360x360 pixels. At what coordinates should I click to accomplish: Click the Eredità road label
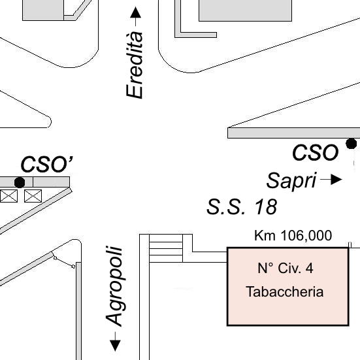[x=135, y=65]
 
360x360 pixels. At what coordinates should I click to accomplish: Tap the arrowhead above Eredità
[x=135, y=12]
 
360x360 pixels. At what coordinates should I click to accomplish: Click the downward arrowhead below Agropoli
[x=115, y=346]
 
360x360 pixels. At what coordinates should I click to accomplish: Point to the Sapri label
[x=291, y=181]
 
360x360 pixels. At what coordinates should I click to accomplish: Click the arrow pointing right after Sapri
[x=331, y=180]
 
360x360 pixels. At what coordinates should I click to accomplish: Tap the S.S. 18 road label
[x=242, y=207]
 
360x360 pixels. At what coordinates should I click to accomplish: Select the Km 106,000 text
[x=293, y=235]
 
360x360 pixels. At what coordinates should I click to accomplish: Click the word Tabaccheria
[x=285, y=291]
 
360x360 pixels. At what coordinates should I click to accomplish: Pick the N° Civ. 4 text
[x=286, y=268]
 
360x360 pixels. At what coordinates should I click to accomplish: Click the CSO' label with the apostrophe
[x=47, y=164]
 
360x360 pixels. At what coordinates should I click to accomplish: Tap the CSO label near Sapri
[x=315, y=153]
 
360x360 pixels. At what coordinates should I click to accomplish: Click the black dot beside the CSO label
[x=352, y=144]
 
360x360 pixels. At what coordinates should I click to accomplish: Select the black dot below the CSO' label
[x=20, y=182]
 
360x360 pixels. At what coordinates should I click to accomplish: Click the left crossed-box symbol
[x=8, y=196]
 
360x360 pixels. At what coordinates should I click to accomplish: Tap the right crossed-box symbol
[x=33, y=196]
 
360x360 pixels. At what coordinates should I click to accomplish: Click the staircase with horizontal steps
[x=166, y=248]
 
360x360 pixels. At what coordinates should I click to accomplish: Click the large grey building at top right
[x=245, y=10]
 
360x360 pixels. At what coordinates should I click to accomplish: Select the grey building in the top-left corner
[x=43, y=10]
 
